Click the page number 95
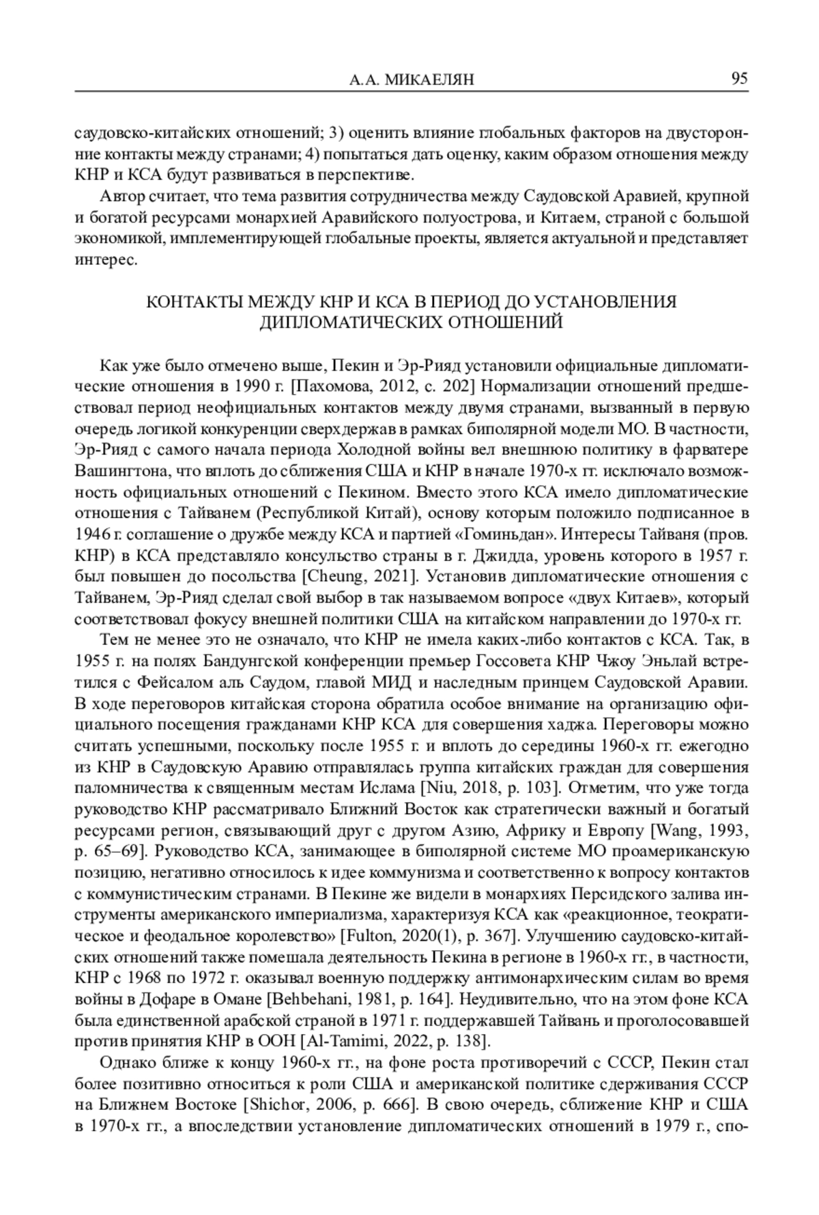click(x=739, y=78)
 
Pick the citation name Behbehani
click(x=306, y=999)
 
